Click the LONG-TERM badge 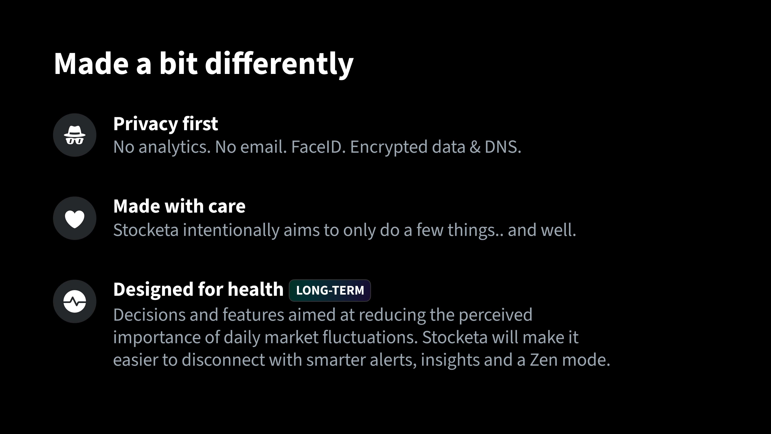coord(330,290)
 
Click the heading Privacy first coord(165,124)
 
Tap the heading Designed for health coord(198,289)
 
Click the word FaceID coord(318,147)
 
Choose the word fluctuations coord(370,337)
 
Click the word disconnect coord(223,360)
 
